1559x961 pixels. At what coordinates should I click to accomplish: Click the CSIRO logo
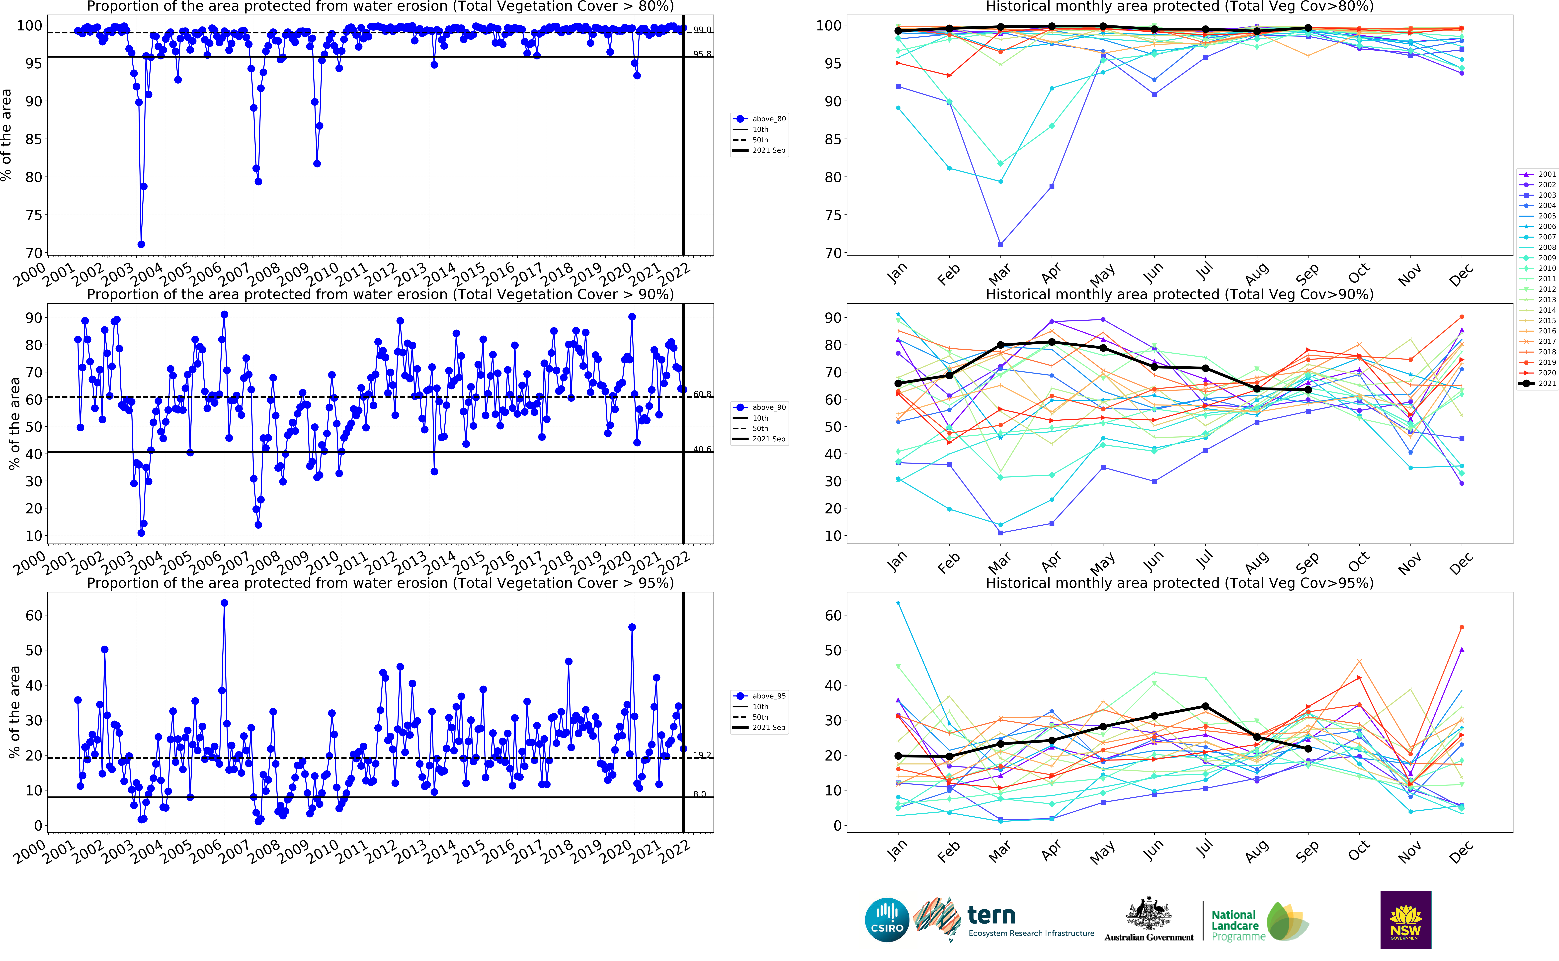(x=887, y=920)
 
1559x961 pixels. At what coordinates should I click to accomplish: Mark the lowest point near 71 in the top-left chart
(x=141, y=244)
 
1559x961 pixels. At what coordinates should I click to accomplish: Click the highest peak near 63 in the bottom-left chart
(x=224, y=603)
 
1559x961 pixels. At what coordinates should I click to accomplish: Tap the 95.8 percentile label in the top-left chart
(x=702, y=54)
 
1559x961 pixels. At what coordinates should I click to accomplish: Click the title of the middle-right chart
(x=1179, y=294)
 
